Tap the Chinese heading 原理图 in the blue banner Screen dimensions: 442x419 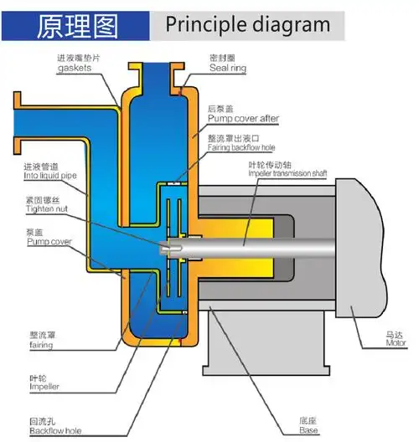click(x=80, y=25)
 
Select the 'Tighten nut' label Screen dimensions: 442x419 click(x=44, y=209)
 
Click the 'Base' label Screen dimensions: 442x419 click(x=309, y=431)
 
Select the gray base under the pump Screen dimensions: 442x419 click(x=251, y=352)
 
